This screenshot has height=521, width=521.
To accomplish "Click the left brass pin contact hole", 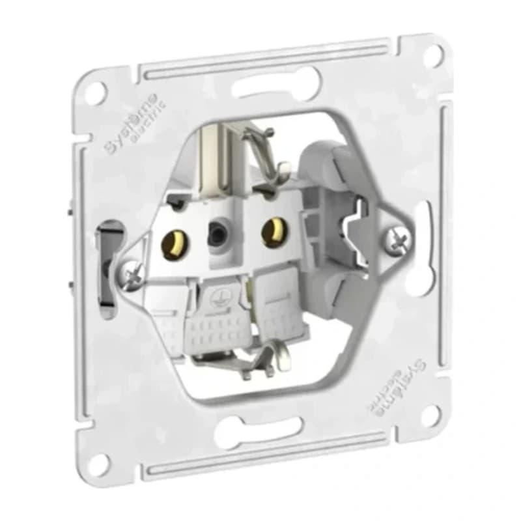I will click(173, 246).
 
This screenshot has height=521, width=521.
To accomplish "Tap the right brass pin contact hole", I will click(272, 231).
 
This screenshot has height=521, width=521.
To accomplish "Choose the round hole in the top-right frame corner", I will click(430, 55).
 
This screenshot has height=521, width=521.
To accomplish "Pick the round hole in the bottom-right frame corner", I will click(430, 415).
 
